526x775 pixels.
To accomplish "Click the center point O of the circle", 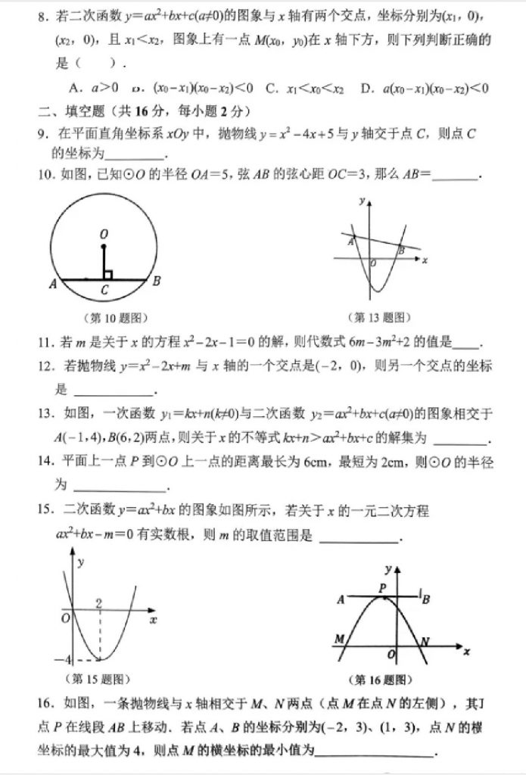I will click(x=104, y=246).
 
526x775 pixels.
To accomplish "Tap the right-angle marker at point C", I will click(x=108, y=274).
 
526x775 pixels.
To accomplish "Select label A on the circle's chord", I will click(x=53, y=285).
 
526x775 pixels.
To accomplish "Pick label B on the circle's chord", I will click(x=156, y=282).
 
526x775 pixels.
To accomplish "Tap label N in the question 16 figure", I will click(x=425, y=642).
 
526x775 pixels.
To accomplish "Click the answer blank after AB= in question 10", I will click(x=456, y=176).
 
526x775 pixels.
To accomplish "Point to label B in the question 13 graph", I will click(x=401, y=249).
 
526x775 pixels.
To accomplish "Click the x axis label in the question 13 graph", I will click(x=425, y=260).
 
